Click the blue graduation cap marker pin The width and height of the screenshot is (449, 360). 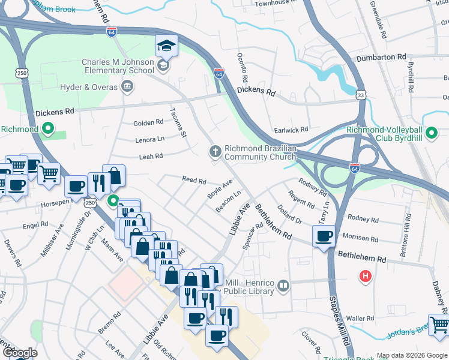click(x=166, y=45)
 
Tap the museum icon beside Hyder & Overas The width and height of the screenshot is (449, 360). click(x=127, y=88)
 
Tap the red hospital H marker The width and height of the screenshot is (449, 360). click(x=364, y=277)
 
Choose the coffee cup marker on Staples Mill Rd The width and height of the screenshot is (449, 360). click(x=324, y=236)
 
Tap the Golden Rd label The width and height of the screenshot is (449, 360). click(x=148, y=122)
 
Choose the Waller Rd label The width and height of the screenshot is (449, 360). click(x=360, y=319)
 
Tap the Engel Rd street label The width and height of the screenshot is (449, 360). click(x=35, y=224)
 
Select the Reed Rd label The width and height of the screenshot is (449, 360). click(x=194, y=180)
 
